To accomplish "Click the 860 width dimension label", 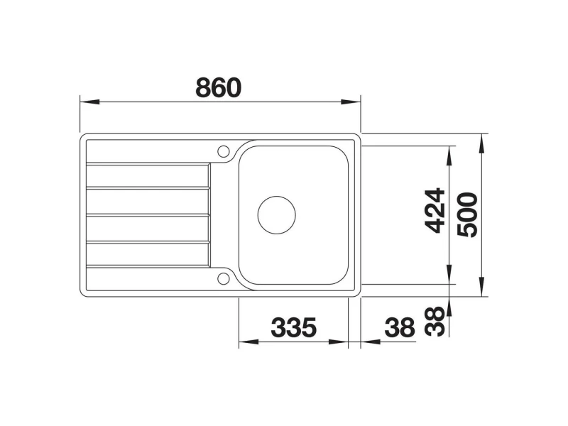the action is click(218, 87).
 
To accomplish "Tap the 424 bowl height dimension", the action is click(435, 210).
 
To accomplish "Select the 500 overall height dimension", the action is click(467, 215).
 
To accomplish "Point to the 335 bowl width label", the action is click(293, 327).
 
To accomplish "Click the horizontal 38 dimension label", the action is click(400, 327).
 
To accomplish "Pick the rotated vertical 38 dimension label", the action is click(435, 322).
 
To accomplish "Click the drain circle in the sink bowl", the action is click(276, 215).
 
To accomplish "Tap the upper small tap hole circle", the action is click(223, 151).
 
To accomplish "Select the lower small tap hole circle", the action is click(223, 278).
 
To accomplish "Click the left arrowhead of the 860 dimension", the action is click(89, 102).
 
